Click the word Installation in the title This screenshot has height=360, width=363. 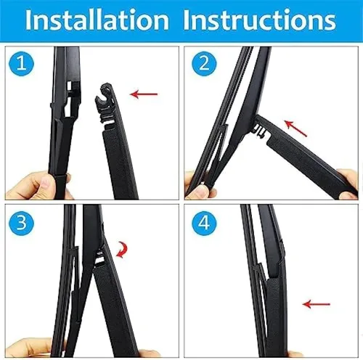click(97, 21)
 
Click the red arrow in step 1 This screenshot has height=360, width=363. click(144, 93)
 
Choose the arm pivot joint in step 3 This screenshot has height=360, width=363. click(98, 258)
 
